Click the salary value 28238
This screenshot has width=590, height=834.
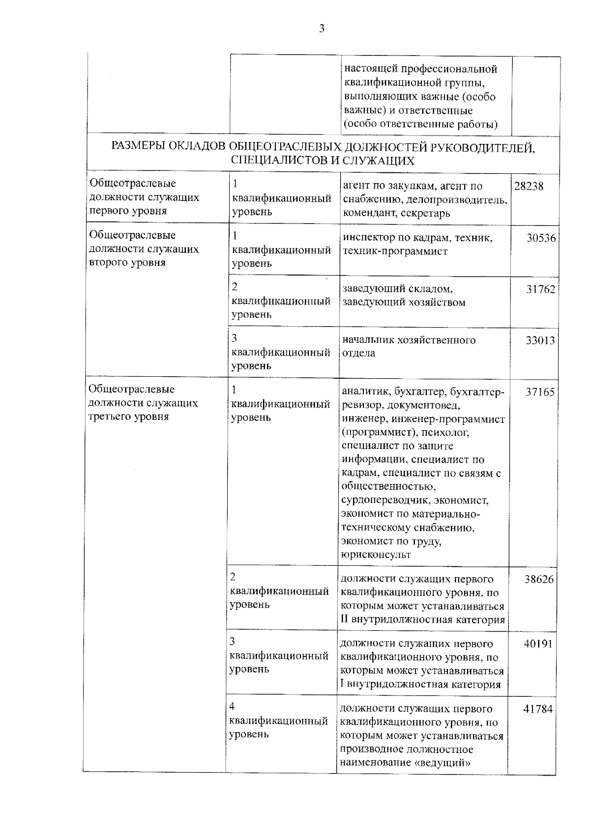529,187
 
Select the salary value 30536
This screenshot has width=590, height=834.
540,238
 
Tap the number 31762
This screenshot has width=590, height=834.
540,289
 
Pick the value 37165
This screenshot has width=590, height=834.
540,392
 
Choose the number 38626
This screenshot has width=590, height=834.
538,580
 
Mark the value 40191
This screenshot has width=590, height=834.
538,644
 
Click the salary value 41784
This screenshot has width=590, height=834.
538,709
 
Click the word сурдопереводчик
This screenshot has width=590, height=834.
381,500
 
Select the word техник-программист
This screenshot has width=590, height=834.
395,251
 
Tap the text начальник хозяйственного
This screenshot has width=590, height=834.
409,340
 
